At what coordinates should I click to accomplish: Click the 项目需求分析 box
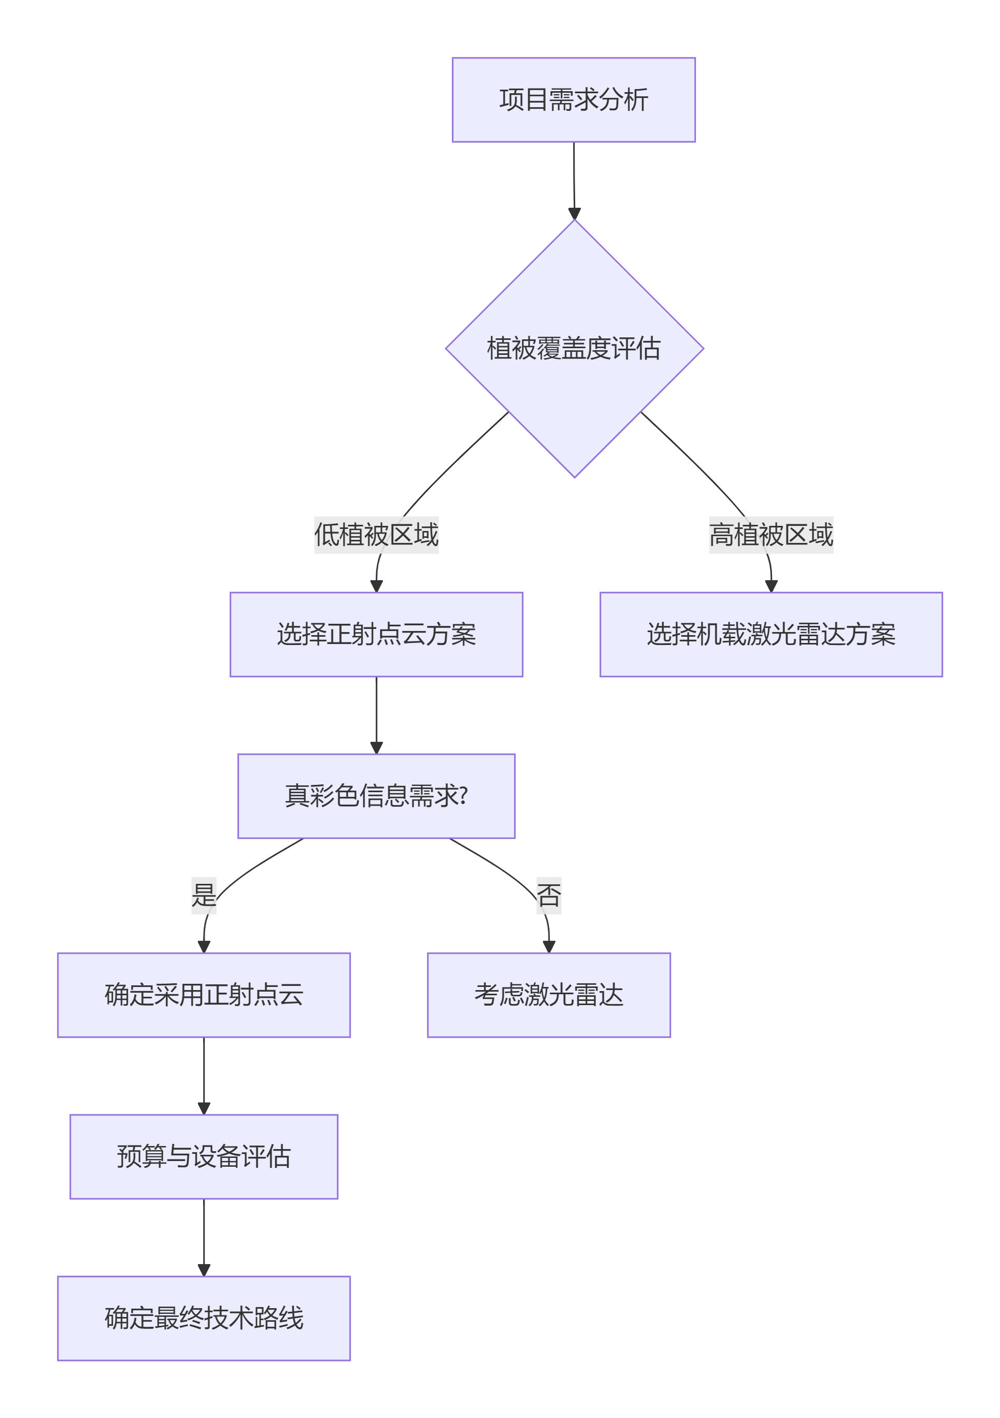pos(573,100)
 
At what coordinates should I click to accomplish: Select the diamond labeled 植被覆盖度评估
pos(574,348)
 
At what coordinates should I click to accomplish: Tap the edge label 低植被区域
pos(376,535)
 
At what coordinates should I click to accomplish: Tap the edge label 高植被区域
pos(770,535)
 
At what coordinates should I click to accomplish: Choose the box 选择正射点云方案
pos(376,634)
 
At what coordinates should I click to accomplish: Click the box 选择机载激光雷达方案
pos(770,634)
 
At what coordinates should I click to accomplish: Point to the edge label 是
pos(204,895)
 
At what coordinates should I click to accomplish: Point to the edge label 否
pos(549,895)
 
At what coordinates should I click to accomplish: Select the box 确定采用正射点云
pos(204,995)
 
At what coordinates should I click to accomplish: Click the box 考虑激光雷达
pos(549,995)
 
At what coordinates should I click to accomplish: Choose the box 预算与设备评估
pos(204,1156)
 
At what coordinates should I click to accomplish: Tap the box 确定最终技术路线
pos(204,1318)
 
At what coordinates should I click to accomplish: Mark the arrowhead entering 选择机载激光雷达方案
pos(771,586)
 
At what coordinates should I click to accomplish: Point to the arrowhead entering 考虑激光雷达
pos(549,947)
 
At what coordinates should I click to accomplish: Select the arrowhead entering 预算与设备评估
pos(204,1109)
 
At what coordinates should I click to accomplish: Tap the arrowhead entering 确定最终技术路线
pos(204,1270)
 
